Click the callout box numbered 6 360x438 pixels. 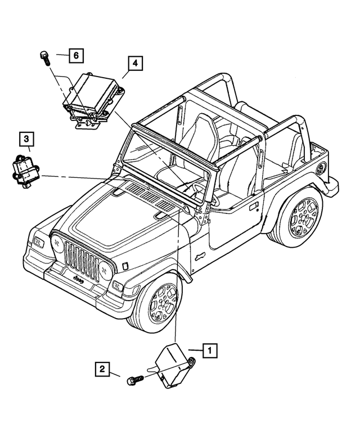coord(76,55)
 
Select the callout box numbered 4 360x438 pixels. coord(134,64)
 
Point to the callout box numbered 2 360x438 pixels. coord(102,370)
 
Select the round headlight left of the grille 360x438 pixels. coord(57,243)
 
